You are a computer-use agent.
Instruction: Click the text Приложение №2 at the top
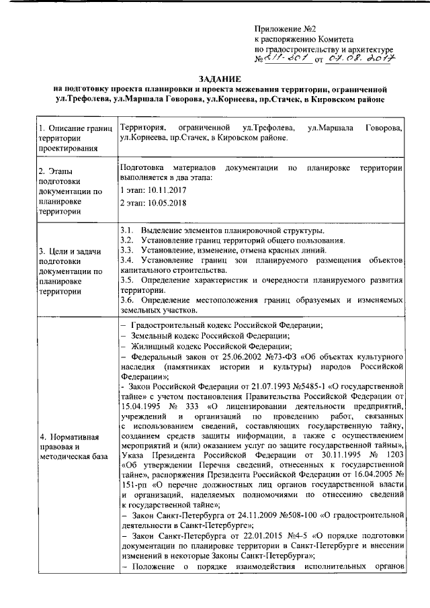pos(286,28)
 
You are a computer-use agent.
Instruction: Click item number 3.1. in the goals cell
pos(126,230)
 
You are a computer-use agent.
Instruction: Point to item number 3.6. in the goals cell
pos(126,300)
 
